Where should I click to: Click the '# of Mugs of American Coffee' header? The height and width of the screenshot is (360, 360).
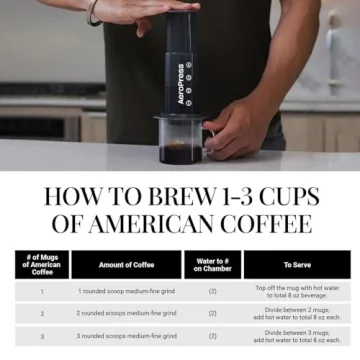(42, 264)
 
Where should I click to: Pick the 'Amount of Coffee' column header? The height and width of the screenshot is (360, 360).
(126, 265)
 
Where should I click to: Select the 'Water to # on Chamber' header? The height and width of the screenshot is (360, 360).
(212, 264)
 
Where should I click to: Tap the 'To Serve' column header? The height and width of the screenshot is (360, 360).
(297, 265)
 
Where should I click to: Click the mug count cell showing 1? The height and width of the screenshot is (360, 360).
(42, 291)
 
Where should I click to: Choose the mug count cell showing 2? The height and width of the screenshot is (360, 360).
(42, 313)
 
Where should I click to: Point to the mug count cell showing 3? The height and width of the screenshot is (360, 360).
(42, 336)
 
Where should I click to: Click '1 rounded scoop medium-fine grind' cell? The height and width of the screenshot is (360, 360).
(127, 291)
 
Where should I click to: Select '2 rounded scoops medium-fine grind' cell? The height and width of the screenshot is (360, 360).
(127, 313)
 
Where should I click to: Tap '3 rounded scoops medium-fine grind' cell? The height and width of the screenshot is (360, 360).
(127, 336)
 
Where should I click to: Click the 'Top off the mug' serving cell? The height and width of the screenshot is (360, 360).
(298, 291)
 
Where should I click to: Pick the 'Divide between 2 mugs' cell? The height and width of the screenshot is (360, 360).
(298, 313)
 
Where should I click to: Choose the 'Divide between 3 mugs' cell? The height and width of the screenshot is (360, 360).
(298, 336)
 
